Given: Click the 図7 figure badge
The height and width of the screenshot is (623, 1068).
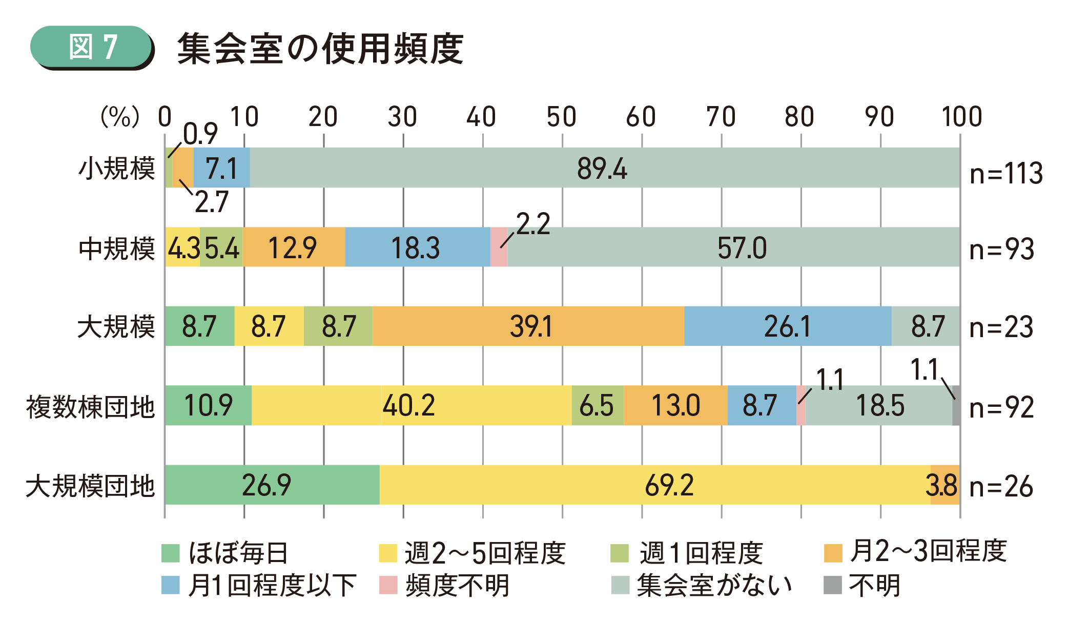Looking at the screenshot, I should [92, 47].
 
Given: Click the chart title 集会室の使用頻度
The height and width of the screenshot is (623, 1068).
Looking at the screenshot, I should [320, 49].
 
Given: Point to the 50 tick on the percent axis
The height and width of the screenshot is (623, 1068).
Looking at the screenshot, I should [561, 117].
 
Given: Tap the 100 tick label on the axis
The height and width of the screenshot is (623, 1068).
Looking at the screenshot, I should [961, 117].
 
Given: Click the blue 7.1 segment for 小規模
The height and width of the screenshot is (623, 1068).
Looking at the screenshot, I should [221, 168].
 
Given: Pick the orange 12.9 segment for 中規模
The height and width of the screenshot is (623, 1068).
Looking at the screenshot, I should [293, 247].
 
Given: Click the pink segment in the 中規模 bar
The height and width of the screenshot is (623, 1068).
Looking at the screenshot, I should [499, 247].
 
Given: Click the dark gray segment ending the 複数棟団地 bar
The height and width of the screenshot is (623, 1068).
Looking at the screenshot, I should [956, 405].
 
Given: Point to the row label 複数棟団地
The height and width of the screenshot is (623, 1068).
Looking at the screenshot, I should [90, 407].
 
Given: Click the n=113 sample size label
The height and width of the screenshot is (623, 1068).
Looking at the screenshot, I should [1005, 173].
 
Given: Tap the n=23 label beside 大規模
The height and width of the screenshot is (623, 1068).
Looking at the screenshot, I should [1001, 327].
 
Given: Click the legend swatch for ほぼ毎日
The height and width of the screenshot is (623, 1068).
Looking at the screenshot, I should [171, 553].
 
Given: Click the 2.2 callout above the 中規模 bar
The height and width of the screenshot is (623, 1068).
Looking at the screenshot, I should [533, 224].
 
